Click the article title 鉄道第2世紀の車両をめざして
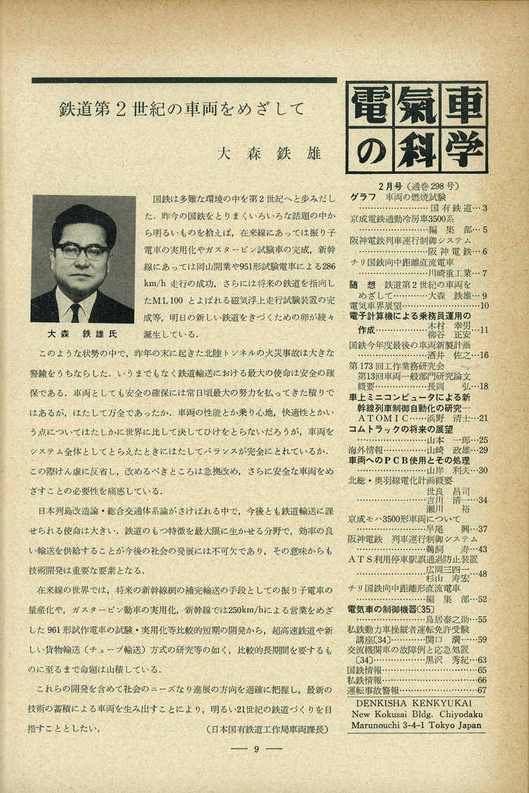(x=182, y=109)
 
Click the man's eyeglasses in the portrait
(x=83, y=251)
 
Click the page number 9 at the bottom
(x=257, y=749)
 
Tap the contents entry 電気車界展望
(x=376, y=305)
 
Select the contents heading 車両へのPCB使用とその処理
(x=408, y=459)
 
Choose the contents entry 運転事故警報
(x=376, y=690)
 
